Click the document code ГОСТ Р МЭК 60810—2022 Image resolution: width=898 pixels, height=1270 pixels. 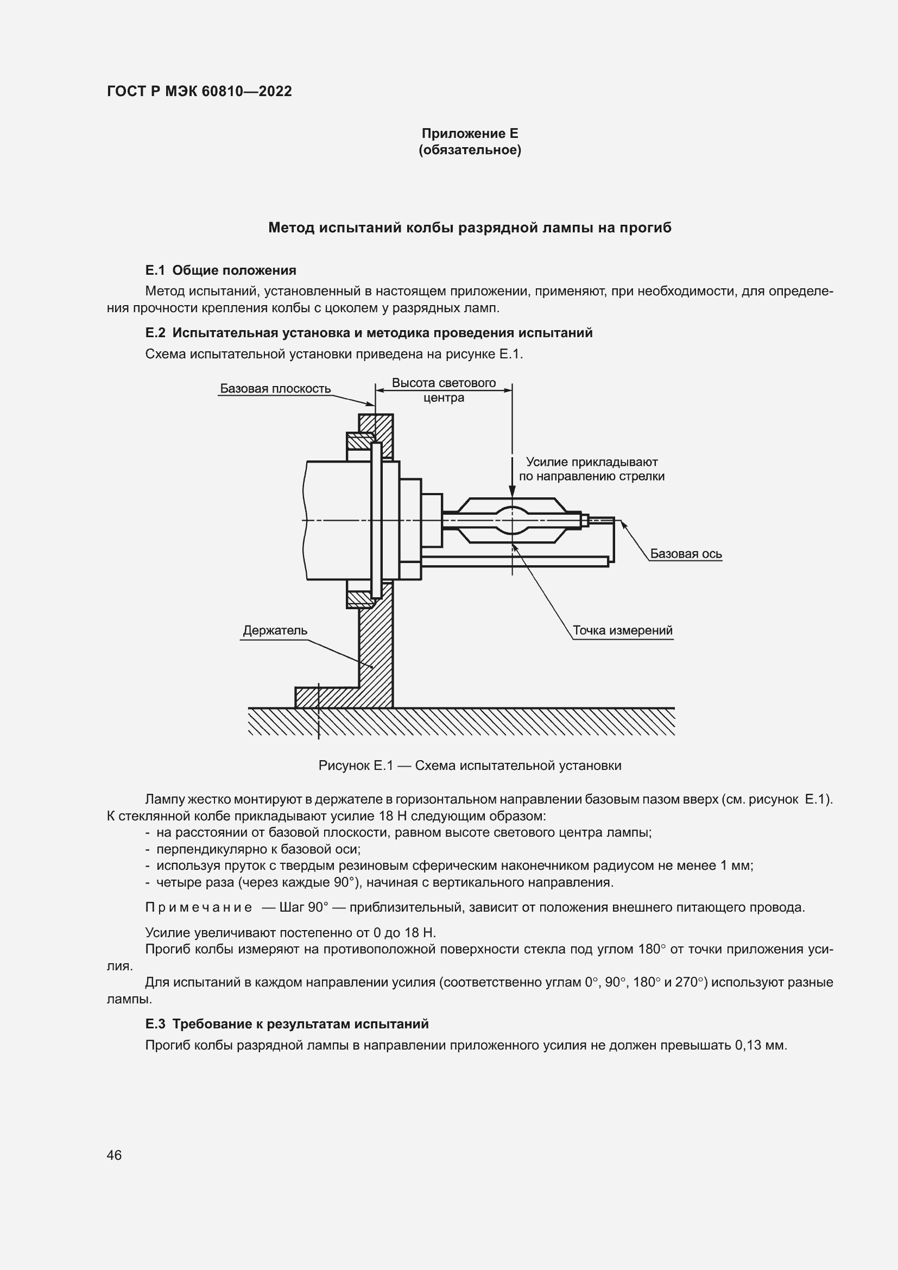pos(199,91)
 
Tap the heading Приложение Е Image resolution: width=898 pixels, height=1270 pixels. pos(470,134)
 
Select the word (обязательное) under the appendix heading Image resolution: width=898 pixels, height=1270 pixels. pos(470,150)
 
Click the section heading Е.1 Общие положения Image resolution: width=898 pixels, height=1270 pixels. pos(220,270)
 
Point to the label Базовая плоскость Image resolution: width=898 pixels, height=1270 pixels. pos(275,388)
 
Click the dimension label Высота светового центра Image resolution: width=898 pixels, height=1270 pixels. pos(444,390)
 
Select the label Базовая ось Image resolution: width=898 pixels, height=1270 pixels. pos(686,554)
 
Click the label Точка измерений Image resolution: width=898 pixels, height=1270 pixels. pos(622,630)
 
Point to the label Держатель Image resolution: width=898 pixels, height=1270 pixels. pos(275,630)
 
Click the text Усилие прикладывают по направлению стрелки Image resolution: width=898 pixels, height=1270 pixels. pos(591,469)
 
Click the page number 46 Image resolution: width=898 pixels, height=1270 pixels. pos(115,1155)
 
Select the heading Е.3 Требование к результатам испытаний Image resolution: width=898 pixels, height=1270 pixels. pos(287,1024)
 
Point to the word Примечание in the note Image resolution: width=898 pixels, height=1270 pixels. pos(199,908)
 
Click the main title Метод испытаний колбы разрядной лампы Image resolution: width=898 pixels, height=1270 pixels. pos(470,228)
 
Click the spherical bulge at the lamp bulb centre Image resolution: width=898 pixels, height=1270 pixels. pos(512,521)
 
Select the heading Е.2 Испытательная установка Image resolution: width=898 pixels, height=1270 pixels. pos(368,333)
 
